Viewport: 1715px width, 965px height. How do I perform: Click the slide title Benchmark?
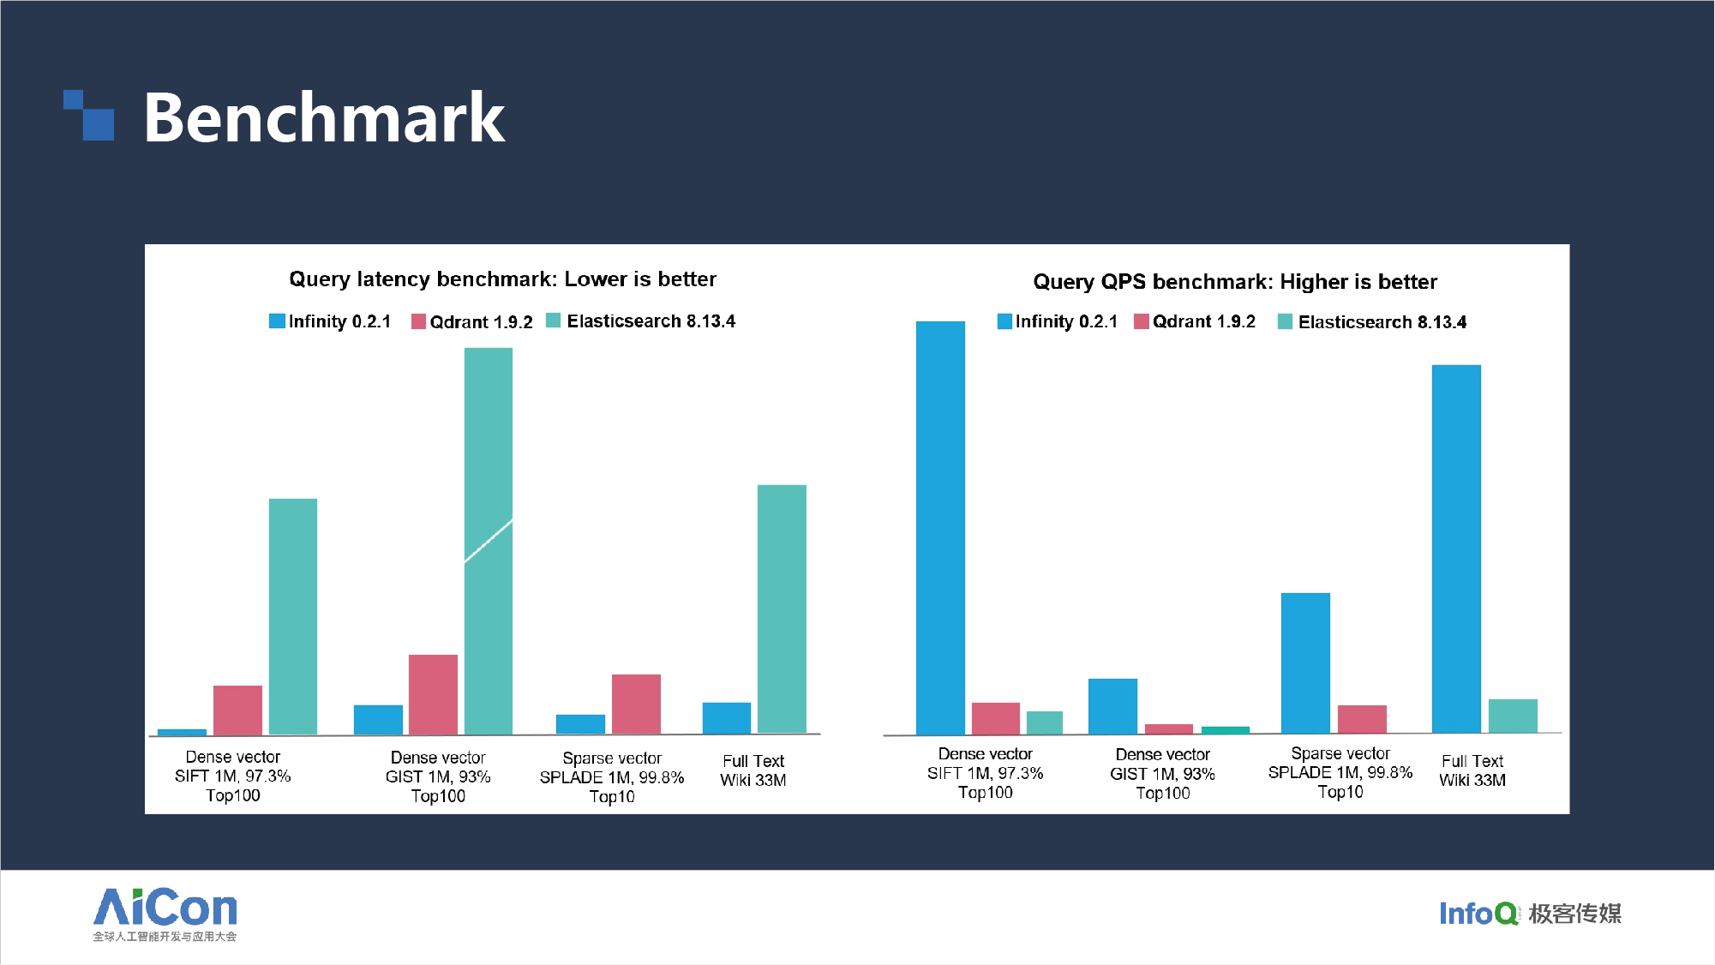coord(324,117)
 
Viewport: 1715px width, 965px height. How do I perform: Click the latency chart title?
coord(502,279)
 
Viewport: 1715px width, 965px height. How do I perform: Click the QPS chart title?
coord(1235,282)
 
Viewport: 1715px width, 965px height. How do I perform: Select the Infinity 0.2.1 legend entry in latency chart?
coord(330,321)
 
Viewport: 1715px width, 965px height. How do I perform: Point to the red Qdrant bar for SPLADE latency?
coord(636,704)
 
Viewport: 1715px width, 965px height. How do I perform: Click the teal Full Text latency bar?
coord(782,608)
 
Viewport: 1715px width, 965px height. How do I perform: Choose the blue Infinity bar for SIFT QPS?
coord(940,527)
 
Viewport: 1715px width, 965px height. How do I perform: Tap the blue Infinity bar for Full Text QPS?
coord(1456,548)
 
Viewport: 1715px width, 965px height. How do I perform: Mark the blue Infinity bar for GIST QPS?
coord(1112,706)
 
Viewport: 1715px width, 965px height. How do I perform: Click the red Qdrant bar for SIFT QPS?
coord(996,718)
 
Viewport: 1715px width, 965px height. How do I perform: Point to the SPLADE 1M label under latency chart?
coord(611,777)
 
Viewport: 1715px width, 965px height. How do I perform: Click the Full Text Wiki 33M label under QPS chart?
coord(1472,770)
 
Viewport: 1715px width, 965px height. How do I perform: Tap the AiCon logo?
coord(165,914)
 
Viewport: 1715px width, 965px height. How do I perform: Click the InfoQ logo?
coord(1530,914)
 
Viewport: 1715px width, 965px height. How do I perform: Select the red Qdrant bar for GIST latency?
coord(433,694)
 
